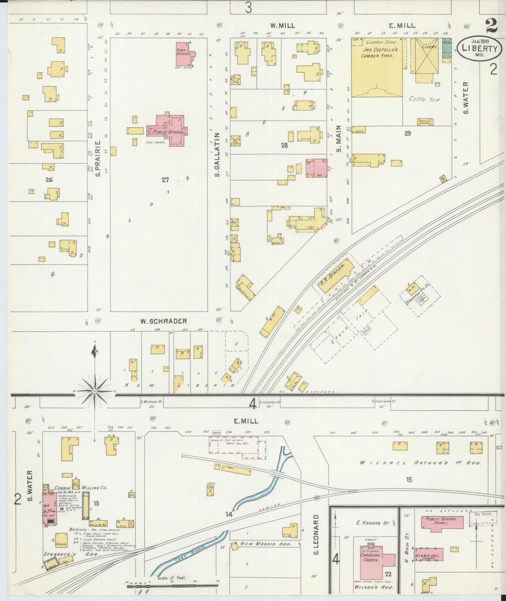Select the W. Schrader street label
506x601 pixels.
pyautogui.click(x=163, y=321)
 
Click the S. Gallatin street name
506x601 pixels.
pyautogui.click(x=217, y=154)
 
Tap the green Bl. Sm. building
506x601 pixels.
pyautogui.click(x=447, y=49)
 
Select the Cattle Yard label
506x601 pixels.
pyautogui.click(x=425, y=99)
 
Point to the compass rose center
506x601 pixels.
pyautogui.click(x=95, y=390)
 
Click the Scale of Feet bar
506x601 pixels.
pyautogui.click(x=172, y=585)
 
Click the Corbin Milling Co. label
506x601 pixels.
pyautogui.click(x=81, y=488)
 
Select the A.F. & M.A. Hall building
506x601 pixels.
pyautogui.click(x=429, y=555)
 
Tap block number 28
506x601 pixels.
pyautogui.click(x=284, y=145)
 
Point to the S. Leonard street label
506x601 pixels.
pyautogui.click(x=316, y=535)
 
